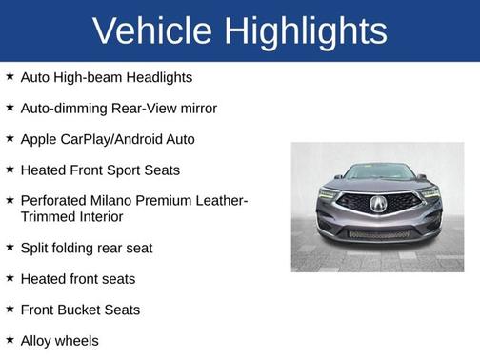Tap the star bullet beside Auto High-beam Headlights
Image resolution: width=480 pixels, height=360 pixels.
(x=10, y=76)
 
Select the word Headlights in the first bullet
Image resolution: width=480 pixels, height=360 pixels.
(x=157, y=77)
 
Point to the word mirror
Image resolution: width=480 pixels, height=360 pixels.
(x=192, y=108)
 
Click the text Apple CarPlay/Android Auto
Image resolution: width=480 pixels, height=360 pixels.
(x=107, y=139)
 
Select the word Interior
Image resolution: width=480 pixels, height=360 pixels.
(x=96, y=217)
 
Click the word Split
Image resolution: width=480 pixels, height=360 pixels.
(x=35, y=248)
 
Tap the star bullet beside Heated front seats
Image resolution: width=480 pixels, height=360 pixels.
(x=10, y=278)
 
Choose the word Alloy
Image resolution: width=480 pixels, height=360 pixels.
(x=37, y=340)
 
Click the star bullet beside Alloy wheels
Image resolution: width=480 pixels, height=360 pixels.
(x=10, y=339)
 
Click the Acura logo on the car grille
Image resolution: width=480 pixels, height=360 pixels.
(x=379, y=203)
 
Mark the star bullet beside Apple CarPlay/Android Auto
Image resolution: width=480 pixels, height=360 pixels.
(x=10, y=138)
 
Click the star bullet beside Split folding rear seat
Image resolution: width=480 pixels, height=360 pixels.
(x=10, y=247)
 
